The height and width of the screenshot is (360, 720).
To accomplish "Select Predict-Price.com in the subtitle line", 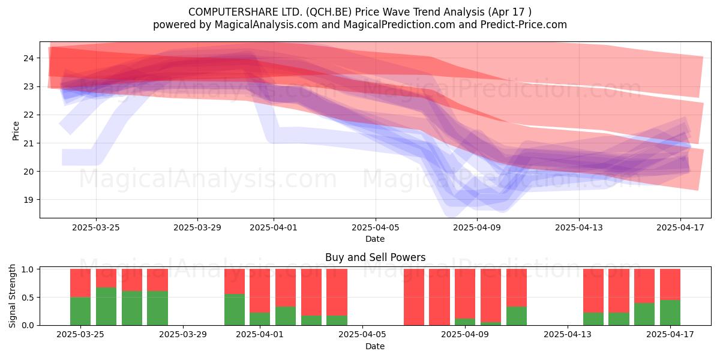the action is point(524,25).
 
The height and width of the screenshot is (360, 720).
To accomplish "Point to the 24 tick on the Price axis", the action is point(28,58).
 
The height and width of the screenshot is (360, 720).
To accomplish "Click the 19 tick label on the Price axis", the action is point(28,200).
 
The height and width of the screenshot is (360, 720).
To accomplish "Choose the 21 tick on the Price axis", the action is point(28,143).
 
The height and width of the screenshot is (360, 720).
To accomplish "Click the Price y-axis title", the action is point(16,131).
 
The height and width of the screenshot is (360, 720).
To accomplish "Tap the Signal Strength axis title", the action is point(12,296).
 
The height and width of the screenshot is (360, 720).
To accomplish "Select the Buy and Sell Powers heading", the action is point(375,257).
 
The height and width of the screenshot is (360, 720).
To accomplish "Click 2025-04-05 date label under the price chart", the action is point(375,227).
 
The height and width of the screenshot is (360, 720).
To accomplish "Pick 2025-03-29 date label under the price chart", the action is point(197,227).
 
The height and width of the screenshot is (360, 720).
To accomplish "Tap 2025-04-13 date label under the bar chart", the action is point(568,334).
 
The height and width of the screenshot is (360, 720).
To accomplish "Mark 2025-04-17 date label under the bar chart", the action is point(670,334).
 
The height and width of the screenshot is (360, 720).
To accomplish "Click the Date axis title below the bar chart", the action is point(375,346).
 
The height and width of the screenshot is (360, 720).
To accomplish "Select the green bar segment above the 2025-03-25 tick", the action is point(80,311).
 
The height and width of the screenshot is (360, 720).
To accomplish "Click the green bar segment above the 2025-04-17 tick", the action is point(670,313).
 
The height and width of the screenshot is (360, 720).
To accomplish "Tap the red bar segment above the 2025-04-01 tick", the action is point(260,290).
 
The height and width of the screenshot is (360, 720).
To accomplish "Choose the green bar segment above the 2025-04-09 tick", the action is point(465,322).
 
